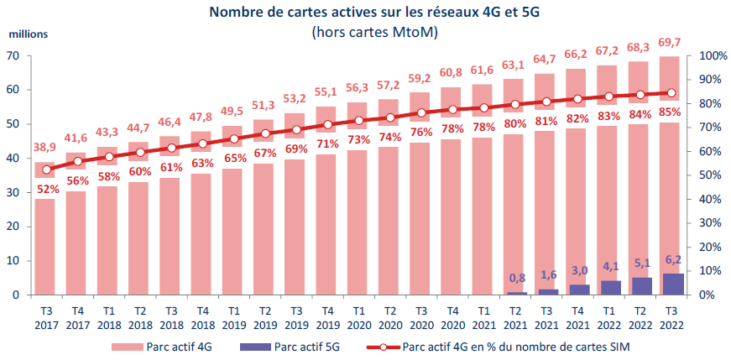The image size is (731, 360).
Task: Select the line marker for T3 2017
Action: (44, 170)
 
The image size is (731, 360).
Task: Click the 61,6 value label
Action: (482, 70)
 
